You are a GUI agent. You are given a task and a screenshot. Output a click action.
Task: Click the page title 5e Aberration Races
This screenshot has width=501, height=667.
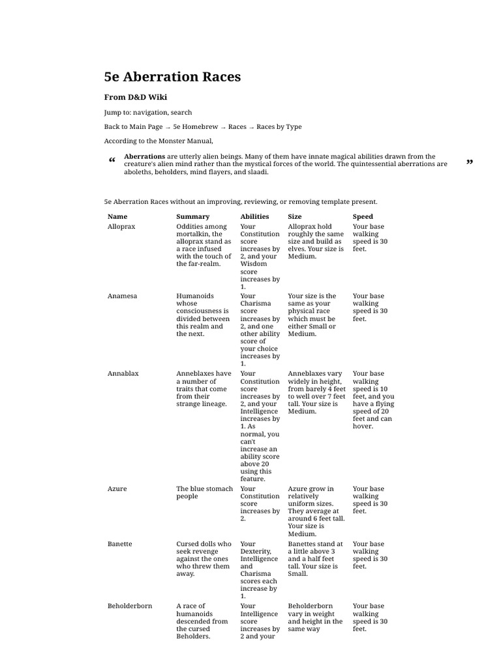point(172,77)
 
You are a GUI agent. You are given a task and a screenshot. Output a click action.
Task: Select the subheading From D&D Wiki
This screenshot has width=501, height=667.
point(136,97)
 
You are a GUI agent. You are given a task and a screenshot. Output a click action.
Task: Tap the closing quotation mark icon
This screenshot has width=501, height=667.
point(469,162)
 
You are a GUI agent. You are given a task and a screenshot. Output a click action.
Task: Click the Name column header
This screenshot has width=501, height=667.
point(117,216)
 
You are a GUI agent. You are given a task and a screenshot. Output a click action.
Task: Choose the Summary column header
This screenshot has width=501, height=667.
point(193,216)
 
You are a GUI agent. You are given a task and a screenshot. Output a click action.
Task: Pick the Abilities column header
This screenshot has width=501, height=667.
point(254,216)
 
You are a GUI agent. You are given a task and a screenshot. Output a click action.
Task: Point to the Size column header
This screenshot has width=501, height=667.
point(295,216)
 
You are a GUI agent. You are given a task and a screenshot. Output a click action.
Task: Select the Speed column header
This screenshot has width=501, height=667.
point(363,216)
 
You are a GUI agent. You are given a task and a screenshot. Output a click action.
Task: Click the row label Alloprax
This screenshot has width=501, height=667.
point(121,227)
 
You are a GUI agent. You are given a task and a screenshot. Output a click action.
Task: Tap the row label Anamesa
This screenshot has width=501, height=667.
point(122,296)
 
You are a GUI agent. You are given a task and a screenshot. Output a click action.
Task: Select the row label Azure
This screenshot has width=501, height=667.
point(117,489)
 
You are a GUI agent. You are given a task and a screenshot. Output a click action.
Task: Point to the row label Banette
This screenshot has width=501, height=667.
point(121,544)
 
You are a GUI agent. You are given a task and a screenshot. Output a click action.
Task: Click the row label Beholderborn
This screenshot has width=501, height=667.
point(130,606)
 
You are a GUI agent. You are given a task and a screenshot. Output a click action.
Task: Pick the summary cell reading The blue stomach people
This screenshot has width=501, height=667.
point(204,492)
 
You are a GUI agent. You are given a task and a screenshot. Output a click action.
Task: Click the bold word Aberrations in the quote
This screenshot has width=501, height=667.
point(144,156)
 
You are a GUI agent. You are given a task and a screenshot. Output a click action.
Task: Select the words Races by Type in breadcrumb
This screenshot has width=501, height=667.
point(279,126)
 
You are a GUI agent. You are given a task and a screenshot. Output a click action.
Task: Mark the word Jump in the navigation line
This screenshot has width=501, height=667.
point(112,112)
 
